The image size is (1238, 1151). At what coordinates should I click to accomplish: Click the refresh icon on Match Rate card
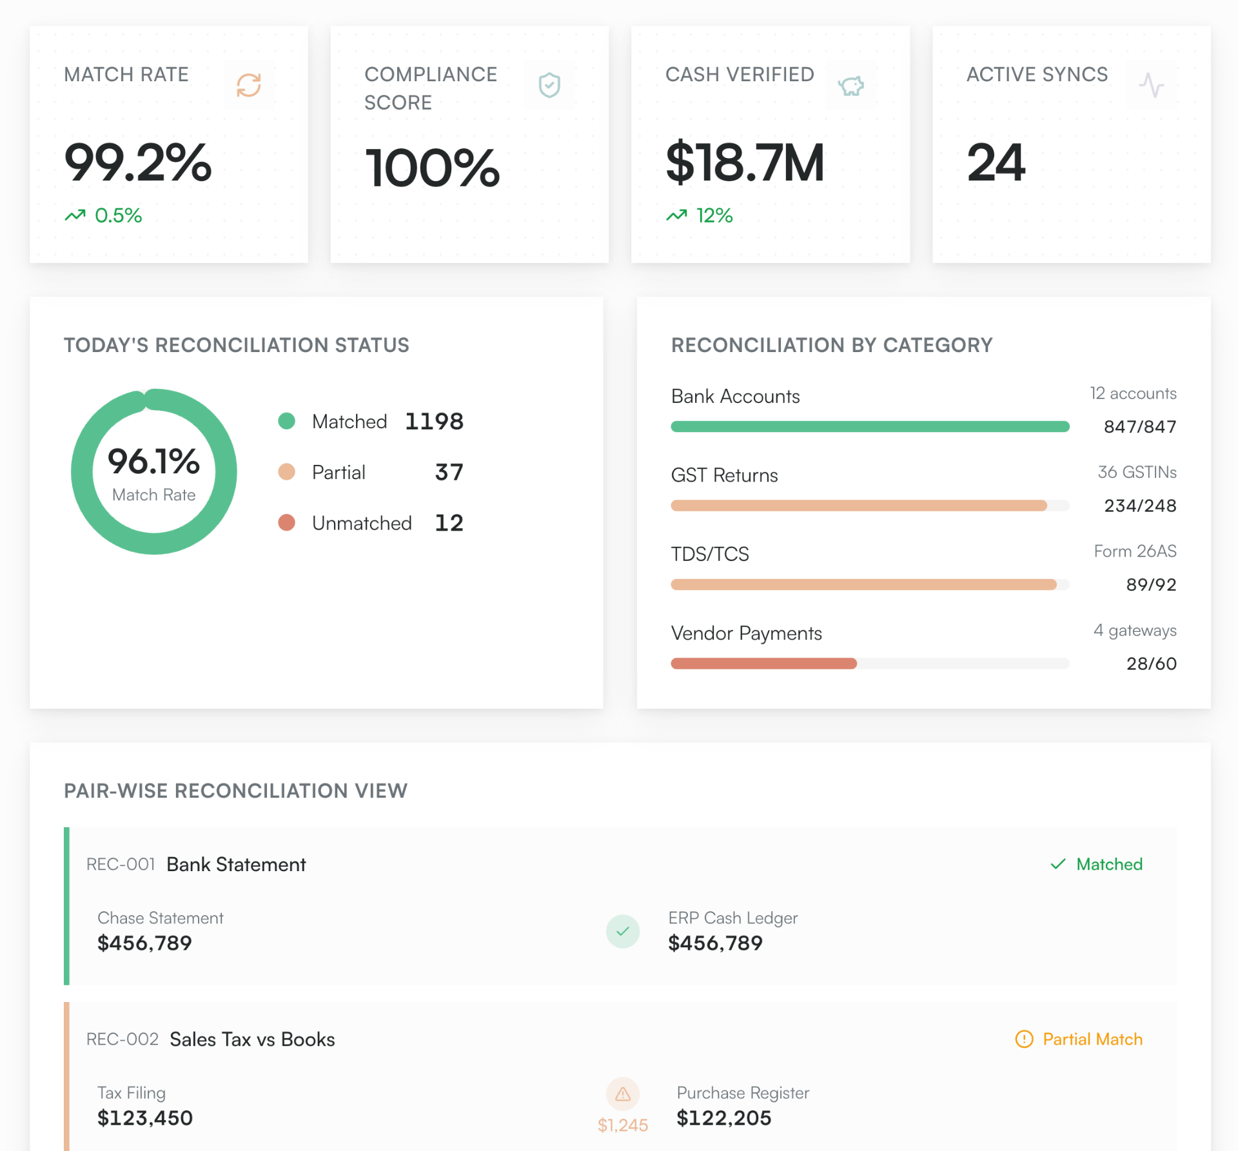[248, 85]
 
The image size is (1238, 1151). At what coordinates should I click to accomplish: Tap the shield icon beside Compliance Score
[549, 85]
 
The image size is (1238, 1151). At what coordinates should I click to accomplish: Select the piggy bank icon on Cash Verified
[850, 85]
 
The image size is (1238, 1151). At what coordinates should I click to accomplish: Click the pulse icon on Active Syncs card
[1151, 85]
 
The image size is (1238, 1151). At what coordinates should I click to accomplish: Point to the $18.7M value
[745, 162]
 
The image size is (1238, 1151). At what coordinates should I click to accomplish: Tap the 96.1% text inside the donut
[153, 462]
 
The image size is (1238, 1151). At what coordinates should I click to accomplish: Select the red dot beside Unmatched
[286, 522]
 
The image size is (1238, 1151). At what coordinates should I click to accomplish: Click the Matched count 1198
[434, 422]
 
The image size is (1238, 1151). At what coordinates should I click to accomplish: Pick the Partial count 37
[449, 472]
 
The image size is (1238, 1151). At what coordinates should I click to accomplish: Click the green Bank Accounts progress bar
[869, 426]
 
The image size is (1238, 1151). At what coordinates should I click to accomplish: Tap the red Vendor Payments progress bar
[763, 664]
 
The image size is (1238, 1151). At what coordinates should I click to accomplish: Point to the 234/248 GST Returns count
[1139, 506]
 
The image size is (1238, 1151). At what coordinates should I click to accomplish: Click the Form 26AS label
[1135, 551]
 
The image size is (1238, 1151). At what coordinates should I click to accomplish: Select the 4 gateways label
[1135, 630]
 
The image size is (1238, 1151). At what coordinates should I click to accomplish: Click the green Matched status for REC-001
[1097, 864]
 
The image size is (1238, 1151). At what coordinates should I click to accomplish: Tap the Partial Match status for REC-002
[1079, 1039]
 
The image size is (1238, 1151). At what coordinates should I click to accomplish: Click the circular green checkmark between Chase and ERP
[622, 931]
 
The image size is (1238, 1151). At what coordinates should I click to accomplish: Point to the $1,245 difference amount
[622, 1125]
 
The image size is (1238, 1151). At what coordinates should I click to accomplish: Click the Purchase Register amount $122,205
[723, 1118]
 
